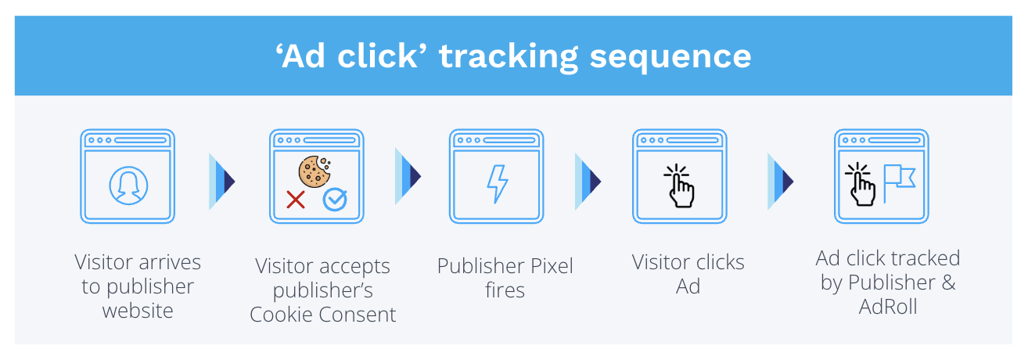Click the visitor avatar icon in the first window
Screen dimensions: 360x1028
click(127, 185)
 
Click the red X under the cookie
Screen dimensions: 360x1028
click(296, 200)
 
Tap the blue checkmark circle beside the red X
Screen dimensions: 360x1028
click(335, 200)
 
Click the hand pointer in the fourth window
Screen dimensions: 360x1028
click(679, 185)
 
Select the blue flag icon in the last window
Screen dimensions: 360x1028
click(899, 180)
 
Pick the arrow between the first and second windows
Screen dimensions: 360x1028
click(222, 182)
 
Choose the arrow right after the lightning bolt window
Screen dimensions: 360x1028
click(588, 182)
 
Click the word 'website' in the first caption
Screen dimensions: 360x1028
click(138, 311)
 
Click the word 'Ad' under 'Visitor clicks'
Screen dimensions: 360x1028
click(688, 286)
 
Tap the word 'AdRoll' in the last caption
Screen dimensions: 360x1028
click(888, 306)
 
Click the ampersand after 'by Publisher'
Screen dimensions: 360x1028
click(947, 283)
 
